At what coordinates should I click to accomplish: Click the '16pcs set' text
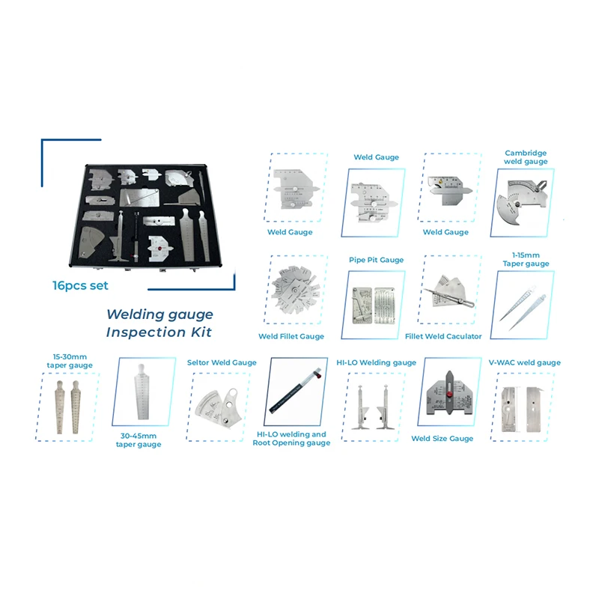(80, 285)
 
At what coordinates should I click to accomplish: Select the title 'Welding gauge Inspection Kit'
(159, 323)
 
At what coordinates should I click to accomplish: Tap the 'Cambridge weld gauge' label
(526, 157)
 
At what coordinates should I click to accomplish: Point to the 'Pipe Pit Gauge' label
(376, 260)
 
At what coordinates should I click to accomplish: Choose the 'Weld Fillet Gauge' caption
(291, 336)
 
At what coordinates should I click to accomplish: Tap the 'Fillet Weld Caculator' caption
(443, 336)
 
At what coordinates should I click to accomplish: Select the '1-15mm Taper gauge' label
(526, 259)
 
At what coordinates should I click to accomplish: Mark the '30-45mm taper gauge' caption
(139, 440)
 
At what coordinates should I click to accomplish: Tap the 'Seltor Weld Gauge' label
(222, 362)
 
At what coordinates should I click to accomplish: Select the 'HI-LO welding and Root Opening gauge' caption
(291, 439)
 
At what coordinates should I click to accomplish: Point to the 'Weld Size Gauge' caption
(442, 438)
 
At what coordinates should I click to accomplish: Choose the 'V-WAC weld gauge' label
(524, 362)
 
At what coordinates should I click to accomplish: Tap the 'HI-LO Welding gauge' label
(376, 362)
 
